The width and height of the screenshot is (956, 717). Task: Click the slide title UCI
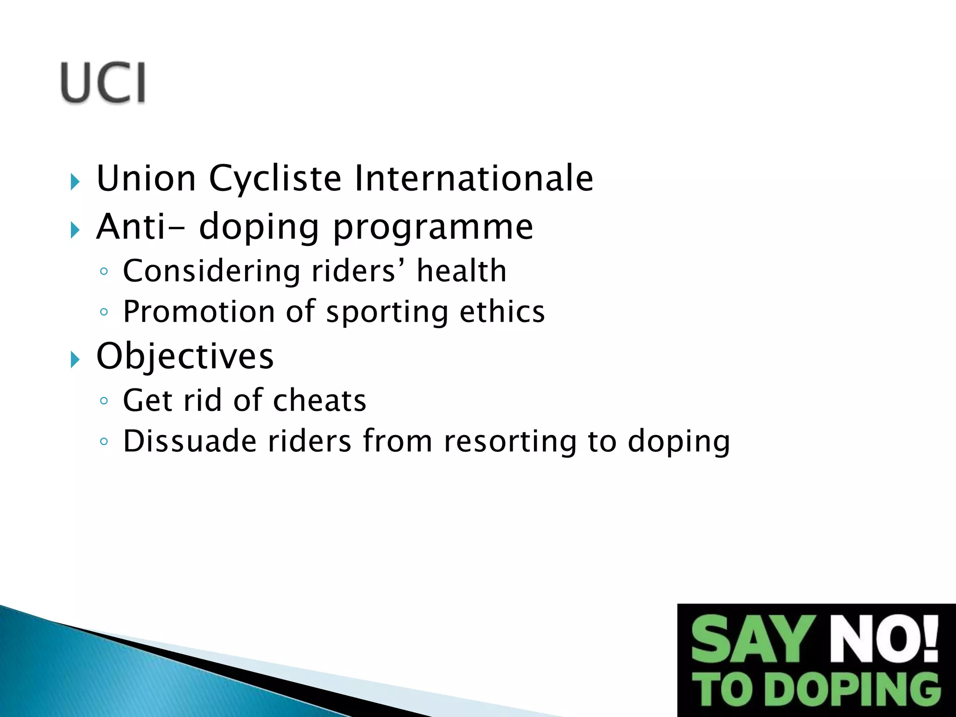(103, 83)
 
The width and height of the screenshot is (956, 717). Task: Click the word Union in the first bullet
(146, 178)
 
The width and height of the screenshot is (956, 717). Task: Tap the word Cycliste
(275, 179)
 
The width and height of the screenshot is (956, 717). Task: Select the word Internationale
(473, 178)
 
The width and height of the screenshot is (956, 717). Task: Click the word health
(461, 271)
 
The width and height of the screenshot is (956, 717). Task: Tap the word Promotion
(199, 312)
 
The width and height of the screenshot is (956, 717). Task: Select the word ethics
(502, 312)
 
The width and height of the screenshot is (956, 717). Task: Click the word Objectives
(185, 356)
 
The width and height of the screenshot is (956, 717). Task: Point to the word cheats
(319, 401)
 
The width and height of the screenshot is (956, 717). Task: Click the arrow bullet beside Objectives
(75, 359)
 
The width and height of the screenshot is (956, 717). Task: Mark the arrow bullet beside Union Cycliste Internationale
(75, 182)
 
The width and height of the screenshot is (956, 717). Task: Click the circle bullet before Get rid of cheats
(104, 401)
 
